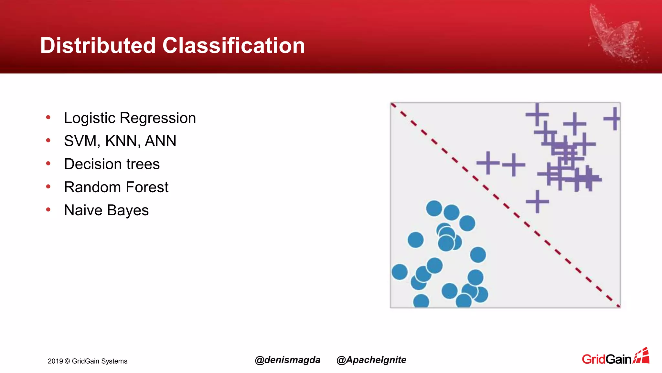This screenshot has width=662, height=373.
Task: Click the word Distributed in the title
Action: pos(98,45)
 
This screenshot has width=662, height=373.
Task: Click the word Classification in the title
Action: pos(233,45)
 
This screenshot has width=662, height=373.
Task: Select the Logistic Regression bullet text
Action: pos(130,118)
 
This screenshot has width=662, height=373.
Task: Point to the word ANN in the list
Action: pos(160,141)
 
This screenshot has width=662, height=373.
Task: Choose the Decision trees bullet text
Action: pos(112,164)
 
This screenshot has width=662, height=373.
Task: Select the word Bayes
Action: pos(128,210)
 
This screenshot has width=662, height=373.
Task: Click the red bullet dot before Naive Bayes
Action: pos(48,210)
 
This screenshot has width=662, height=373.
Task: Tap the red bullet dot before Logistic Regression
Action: pos(48,117)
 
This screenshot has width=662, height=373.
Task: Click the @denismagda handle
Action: pos(287,360)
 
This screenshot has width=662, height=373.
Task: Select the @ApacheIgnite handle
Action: pos(371,360)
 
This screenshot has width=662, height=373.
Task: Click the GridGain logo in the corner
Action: pos(615,357)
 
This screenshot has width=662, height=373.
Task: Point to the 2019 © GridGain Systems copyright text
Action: pos(88,361)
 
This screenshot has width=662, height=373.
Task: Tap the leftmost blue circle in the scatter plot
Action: pos(400,272)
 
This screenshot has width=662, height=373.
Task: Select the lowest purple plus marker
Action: pos(537,201)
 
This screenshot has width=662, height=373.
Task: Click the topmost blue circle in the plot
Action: pos(434,208)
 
